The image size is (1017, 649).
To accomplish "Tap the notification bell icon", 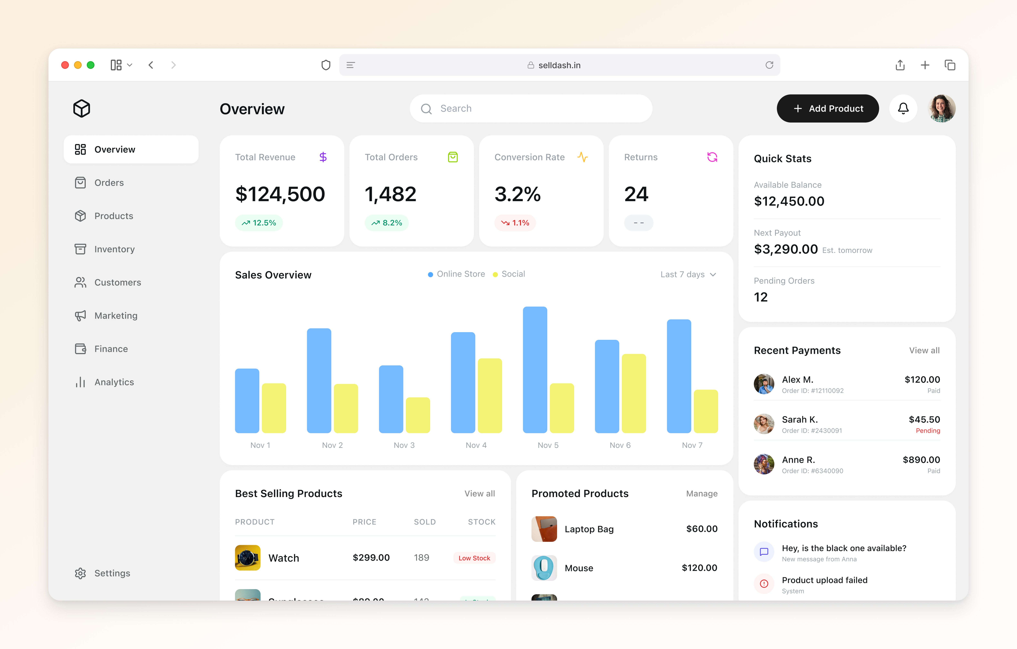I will point(903,108).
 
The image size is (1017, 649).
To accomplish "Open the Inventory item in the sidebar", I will point(114,249).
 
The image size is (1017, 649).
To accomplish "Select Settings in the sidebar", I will point(112,573).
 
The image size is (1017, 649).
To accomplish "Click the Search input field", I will point(531,108).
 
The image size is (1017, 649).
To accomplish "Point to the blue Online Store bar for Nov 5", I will point(535,370).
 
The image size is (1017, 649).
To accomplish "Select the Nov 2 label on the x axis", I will point(332,445).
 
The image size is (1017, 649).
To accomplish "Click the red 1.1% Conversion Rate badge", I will point(515,222).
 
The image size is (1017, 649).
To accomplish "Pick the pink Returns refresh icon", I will point(712,157).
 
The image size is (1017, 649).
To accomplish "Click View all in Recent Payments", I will point(924,350).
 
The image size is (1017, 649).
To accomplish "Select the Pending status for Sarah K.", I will point(927,431).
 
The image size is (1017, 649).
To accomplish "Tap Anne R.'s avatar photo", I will point(764,464).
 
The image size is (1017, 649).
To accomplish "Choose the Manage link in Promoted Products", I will point(702,494).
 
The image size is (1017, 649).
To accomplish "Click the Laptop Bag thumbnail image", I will point(544,529).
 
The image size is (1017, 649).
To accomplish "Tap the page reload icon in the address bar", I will point(769,65).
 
